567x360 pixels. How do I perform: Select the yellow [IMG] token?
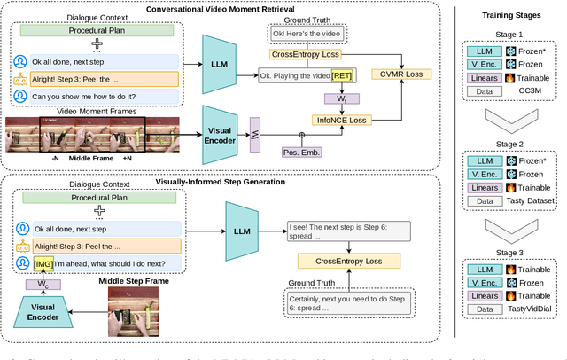(x=42, y=263)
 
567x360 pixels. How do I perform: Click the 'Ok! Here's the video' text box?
(x=304, y=33)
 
